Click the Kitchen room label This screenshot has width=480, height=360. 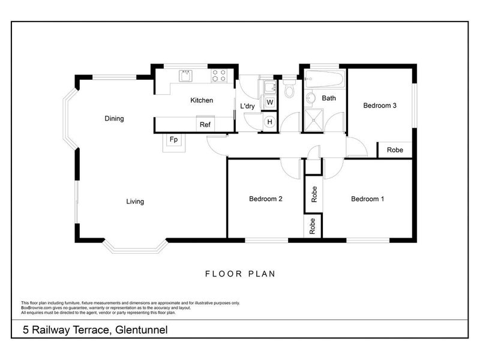[202, 100]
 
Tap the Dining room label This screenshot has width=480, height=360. [114, 119]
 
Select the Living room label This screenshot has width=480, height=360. [135, 202]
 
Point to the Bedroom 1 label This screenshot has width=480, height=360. [367, 199]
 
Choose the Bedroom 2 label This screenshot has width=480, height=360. [266, 199]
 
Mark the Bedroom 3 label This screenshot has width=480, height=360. [380, 106]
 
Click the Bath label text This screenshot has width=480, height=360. [329, 98]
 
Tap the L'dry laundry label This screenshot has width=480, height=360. [248, 107]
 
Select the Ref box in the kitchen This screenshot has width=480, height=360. [205, 125]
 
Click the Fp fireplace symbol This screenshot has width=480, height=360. [174, 140]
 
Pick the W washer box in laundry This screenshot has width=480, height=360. [270, 103]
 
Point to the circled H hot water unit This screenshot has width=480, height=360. [269, 122]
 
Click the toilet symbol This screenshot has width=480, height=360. [289, 90]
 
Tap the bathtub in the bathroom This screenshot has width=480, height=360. [324, 79]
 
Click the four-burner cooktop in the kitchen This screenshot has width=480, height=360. [219, 76]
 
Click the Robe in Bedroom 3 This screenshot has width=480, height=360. [394, 150]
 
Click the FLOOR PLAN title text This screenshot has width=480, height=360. [240, 274]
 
